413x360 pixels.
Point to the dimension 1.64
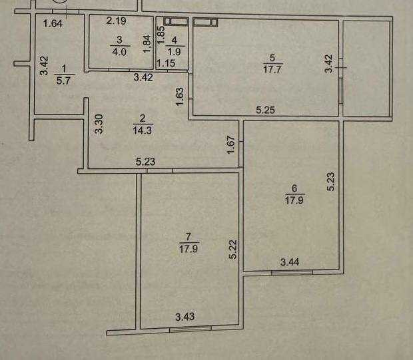click(53, 25)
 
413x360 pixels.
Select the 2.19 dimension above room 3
click(117, 21)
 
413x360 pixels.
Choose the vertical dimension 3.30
click(99, 125)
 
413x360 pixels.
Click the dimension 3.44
click(290, 264)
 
